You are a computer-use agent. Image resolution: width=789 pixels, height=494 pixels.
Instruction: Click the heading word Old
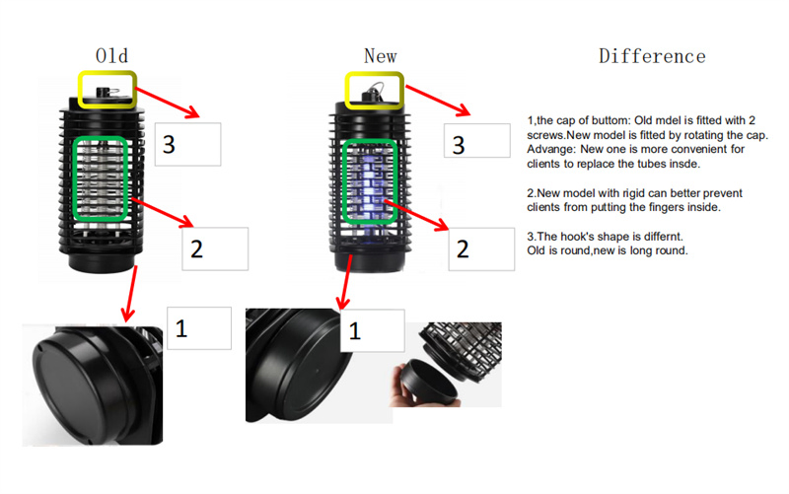[x=111, y=56]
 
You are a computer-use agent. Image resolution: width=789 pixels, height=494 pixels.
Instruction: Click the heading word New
[x=381, y=56]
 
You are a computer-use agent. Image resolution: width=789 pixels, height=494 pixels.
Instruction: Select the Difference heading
[x=652, y=56]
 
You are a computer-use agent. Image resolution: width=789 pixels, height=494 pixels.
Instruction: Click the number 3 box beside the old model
[x=187, y=144]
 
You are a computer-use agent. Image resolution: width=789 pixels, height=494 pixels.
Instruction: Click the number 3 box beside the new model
[x=477, y=141]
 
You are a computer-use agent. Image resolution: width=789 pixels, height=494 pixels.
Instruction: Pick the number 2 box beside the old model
[x=215, y=249]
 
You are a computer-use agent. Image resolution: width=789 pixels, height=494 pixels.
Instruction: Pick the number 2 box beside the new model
[x=481, y=249]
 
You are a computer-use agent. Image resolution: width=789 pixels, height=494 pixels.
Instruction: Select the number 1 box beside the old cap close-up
[x=199, y=328]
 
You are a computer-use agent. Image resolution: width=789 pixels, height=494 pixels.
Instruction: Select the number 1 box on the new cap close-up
[x=373, y=330]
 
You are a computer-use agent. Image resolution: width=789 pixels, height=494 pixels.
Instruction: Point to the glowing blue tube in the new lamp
[x=370, y=188]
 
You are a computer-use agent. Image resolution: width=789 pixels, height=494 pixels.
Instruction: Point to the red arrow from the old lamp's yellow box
[x=168, y=103]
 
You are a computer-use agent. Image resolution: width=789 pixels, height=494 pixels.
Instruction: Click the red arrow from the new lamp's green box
[x=416, y=215]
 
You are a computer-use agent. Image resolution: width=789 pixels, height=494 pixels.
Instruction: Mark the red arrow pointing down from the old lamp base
[x=131, y=294]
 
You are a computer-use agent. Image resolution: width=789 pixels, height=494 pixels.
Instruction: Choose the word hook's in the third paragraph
[x=577, y=237]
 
